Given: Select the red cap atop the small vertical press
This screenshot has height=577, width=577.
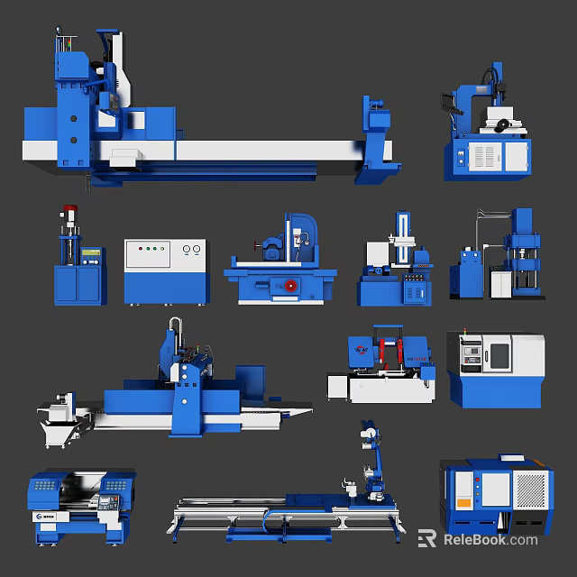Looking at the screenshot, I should pyautogui.click(x=67, y=216).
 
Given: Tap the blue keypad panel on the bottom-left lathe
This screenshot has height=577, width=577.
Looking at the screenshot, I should pyautogui.click(x=43, y=488).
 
